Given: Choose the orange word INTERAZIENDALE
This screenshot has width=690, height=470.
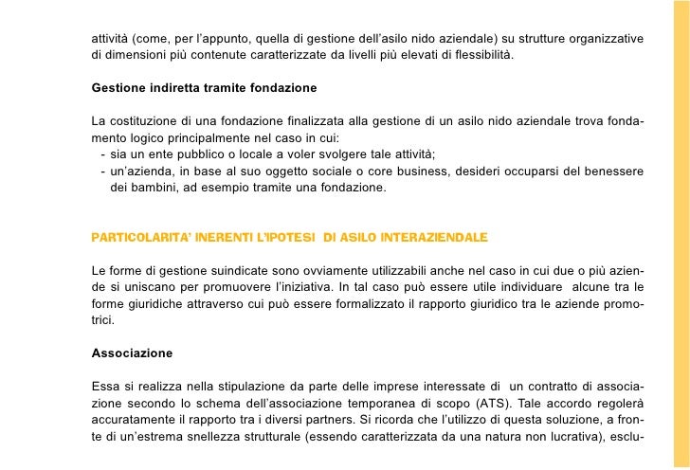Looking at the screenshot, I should [430, 233].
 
